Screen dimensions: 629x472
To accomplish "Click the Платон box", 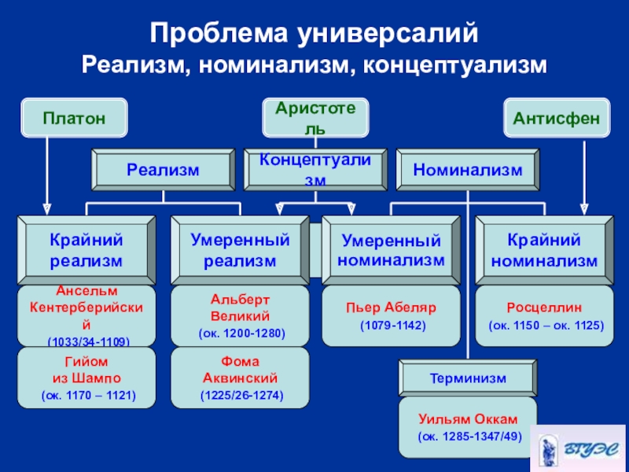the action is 74,118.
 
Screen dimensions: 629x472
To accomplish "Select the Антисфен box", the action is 557,118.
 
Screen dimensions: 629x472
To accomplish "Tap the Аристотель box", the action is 315,118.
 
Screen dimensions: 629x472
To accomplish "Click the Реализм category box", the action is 164,170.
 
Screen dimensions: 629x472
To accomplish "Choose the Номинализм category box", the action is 468,170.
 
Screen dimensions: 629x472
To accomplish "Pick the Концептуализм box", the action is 315,170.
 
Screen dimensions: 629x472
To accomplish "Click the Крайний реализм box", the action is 86,250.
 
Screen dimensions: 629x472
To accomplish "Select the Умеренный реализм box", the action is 240,250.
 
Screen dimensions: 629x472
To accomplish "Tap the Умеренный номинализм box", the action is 391,250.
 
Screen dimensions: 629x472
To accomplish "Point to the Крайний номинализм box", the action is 544,250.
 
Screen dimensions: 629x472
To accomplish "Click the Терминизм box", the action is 468,378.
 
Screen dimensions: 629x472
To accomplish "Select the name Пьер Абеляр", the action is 391,308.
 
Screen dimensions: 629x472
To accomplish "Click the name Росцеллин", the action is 544,308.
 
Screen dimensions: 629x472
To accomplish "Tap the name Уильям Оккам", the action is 468,419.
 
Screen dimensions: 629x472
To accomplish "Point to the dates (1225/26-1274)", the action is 242,396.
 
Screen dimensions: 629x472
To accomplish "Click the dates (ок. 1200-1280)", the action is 242,333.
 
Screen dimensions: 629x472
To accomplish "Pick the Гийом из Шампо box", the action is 86,378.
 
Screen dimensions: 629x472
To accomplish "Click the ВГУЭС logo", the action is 578,448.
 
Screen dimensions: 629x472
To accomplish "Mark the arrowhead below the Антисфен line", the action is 584,209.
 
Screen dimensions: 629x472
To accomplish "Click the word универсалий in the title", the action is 388,33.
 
